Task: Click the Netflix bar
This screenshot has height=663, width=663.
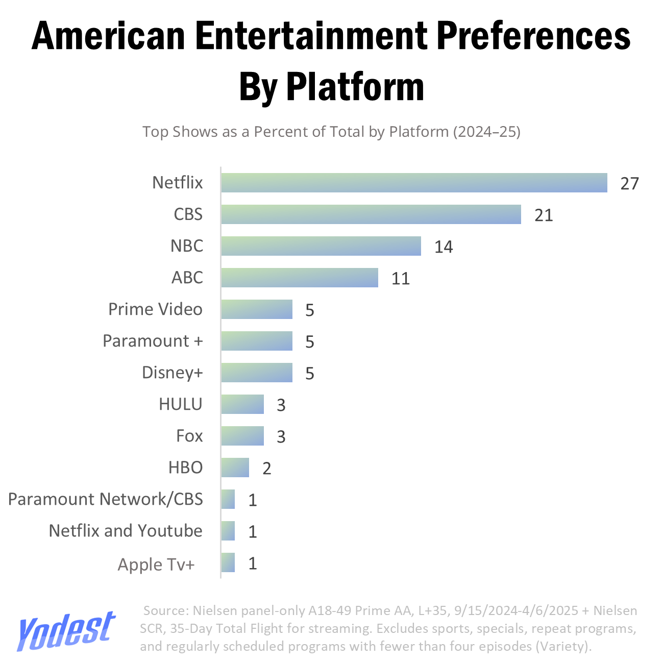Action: [414, 183]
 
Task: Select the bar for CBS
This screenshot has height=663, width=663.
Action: [371, 214]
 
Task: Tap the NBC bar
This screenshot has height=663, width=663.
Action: [321, 246]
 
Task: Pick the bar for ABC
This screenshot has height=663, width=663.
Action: [300, 278]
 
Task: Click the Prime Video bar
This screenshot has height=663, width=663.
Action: [257, 309]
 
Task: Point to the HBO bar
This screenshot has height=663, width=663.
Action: [235, 468]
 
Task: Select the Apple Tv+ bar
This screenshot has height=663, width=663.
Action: [228, 562]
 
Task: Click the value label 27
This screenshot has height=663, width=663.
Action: [629, 183]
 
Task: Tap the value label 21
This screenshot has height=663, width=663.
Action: [544, 215]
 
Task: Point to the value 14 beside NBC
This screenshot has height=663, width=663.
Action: [444, 247]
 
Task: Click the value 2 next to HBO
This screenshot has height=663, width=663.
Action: [266, 468]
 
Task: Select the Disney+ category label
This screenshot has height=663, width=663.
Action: [172, 373]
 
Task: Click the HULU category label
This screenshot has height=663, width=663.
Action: [181, 404]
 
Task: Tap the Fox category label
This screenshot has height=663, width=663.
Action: [189, 436]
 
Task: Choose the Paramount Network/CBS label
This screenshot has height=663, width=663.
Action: [106, 499]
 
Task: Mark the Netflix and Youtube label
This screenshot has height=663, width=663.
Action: [126, 531]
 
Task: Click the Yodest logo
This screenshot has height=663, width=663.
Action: [66, 631]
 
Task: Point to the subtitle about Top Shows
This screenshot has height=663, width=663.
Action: [331, 132]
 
